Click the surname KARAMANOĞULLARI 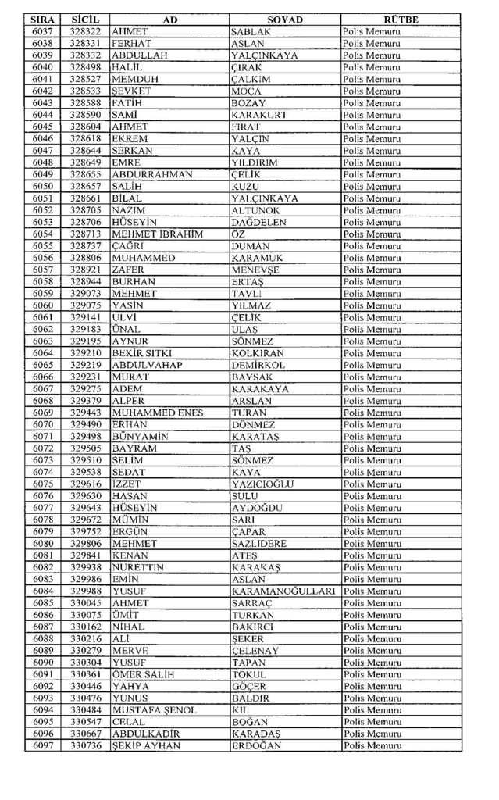point(283,591)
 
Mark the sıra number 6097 point(43,745)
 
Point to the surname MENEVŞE point(255,270)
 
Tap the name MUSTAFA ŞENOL point(155,709)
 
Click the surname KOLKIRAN point(258,353)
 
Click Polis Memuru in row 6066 point(372,377)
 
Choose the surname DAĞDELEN point(260,223)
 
